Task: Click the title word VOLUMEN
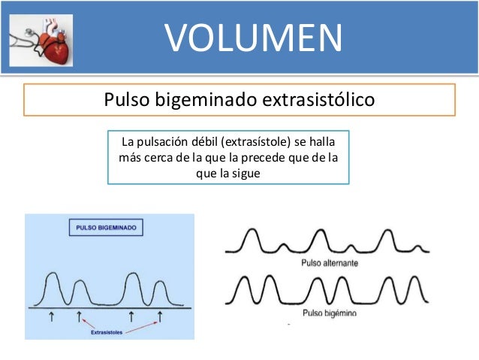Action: pos(253,37)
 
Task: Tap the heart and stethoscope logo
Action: pos(41,39)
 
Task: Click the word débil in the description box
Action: pos(197,141)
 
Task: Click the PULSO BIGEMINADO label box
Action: pos(107,227)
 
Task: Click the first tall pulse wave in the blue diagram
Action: pos(54,288)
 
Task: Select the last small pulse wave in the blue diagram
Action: pos(158,293)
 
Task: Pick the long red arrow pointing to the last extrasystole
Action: pos(140,325)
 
